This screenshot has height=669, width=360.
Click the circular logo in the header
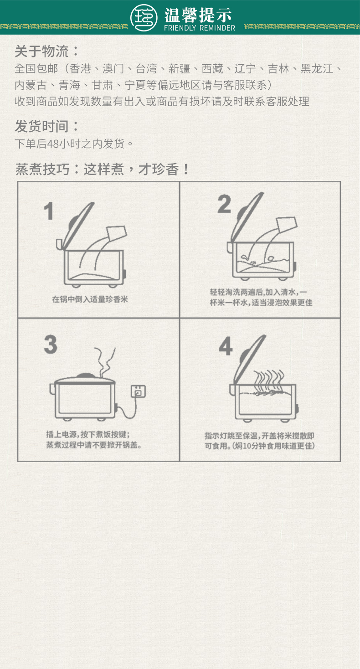[144, 18]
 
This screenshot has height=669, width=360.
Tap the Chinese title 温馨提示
[198, 15]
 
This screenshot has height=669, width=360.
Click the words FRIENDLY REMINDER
[200, 28]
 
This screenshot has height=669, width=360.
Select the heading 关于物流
[41, 51]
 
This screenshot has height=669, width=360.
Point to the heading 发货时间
[41, 126]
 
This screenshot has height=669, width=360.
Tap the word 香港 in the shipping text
[80, 69]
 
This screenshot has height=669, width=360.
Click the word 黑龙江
[317, 69]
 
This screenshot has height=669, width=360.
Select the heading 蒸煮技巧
[42, 169]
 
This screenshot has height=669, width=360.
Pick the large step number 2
[224, 204]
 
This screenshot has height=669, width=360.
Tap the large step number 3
[51, 345]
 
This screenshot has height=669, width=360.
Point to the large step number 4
[226, 346]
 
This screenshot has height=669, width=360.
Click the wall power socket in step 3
[139, 391]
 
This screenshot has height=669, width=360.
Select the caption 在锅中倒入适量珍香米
[90, 299]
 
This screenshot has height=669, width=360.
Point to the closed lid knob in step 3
[85, 376]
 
